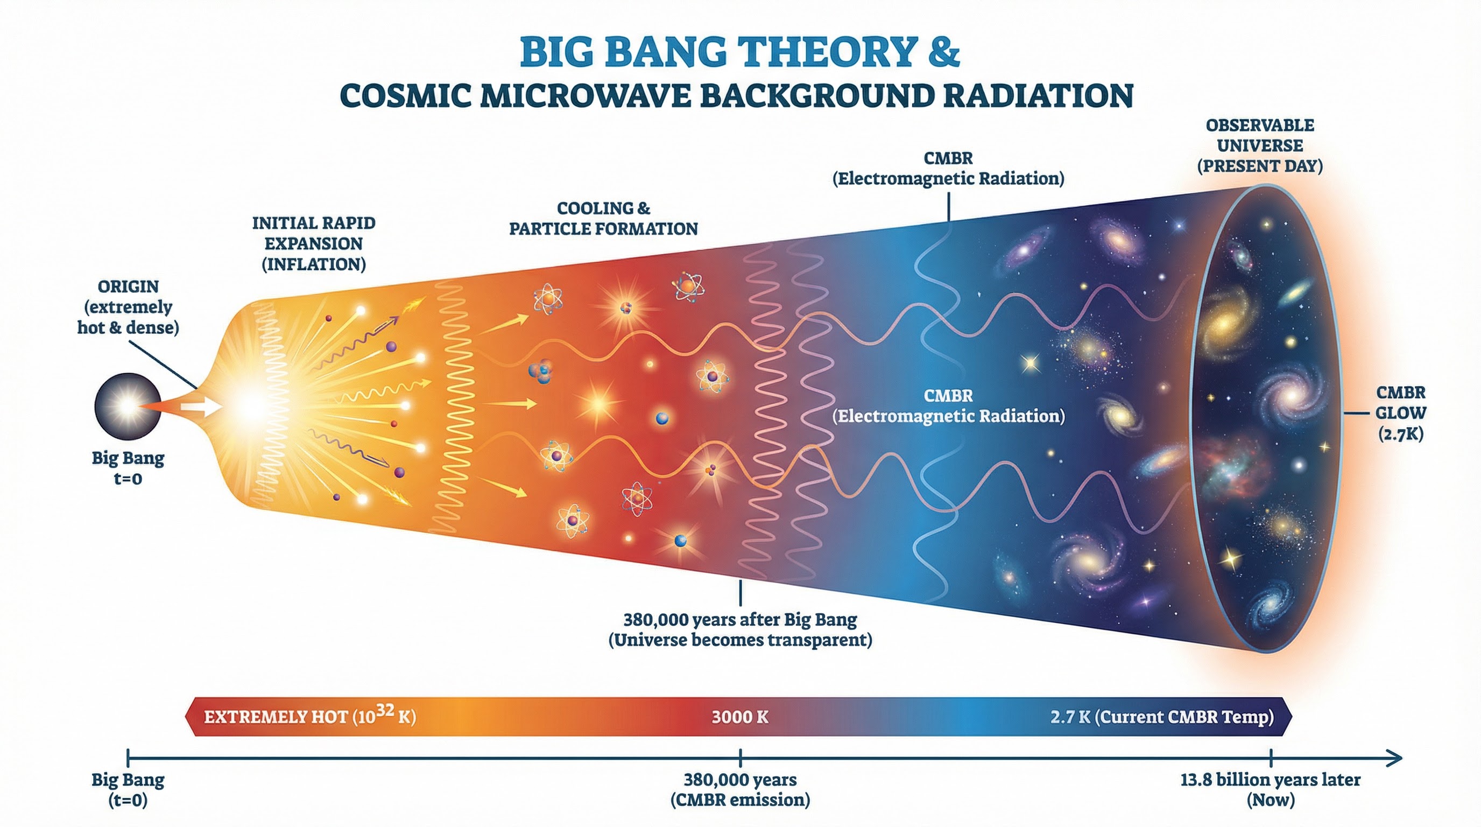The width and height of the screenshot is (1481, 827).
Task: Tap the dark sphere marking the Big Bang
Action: point(128,406)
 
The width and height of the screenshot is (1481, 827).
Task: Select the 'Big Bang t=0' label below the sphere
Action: point(128,468)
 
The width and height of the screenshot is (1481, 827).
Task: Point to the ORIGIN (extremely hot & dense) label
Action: point(128,307)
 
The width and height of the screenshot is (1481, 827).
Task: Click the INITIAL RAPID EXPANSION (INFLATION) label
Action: point(313,244)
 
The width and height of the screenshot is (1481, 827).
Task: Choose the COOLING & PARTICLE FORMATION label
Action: point(603,219)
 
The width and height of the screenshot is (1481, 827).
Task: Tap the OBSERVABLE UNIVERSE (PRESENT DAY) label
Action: point(1260,146)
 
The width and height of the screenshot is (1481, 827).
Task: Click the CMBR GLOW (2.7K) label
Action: point(1400,413)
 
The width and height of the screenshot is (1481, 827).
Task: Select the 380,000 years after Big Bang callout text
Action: point(740,630)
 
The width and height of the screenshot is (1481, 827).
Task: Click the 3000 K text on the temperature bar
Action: point(740,717)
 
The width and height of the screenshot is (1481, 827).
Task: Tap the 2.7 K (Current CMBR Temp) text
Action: point(1162,717)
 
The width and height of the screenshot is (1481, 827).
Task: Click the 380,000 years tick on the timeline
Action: point(740,758)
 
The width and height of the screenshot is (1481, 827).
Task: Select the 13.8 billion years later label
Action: point(1270,790)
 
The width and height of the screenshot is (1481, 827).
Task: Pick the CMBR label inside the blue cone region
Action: point(948,406)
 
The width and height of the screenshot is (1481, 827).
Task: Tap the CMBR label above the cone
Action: point(948,168)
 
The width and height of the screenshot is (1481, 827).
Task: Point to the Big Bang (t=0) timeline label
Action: point(128,790)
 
